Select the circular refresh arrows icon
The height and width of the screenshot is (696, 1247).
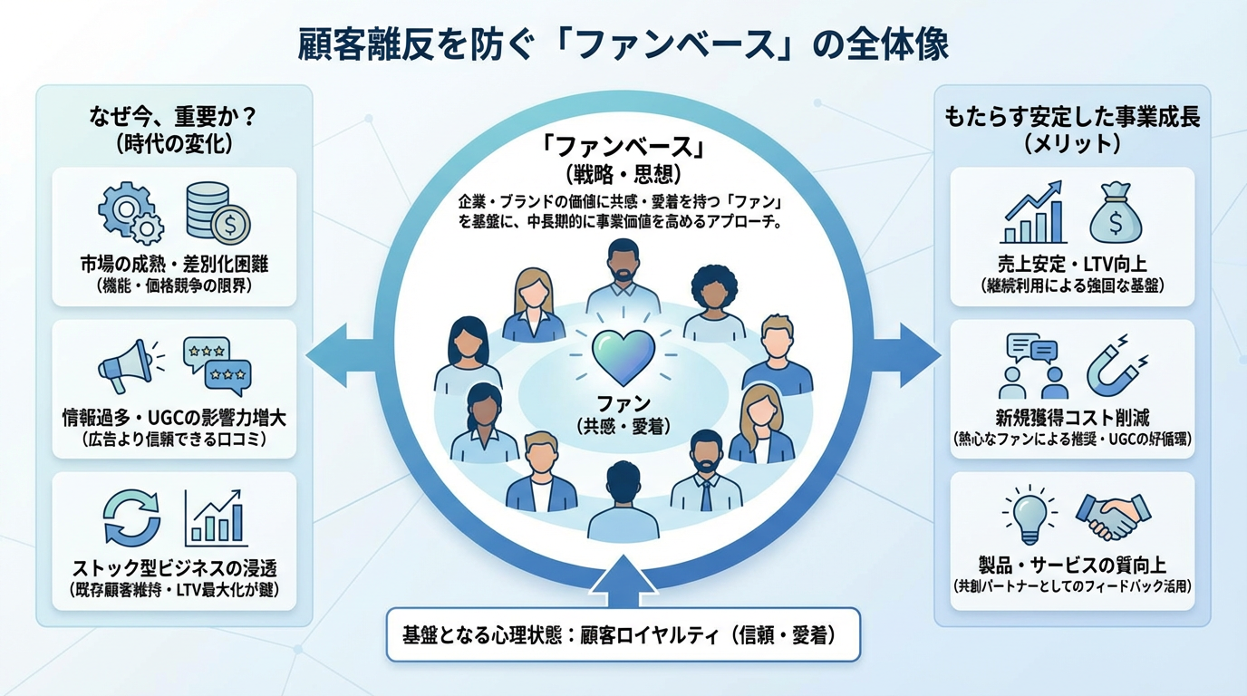click(x=131, y=517)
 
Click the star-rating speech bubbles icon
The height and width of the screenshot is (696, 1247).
click(x=216, y=364)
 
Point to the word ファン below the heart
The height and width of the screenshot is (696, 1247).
click(x=623, y=402)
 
